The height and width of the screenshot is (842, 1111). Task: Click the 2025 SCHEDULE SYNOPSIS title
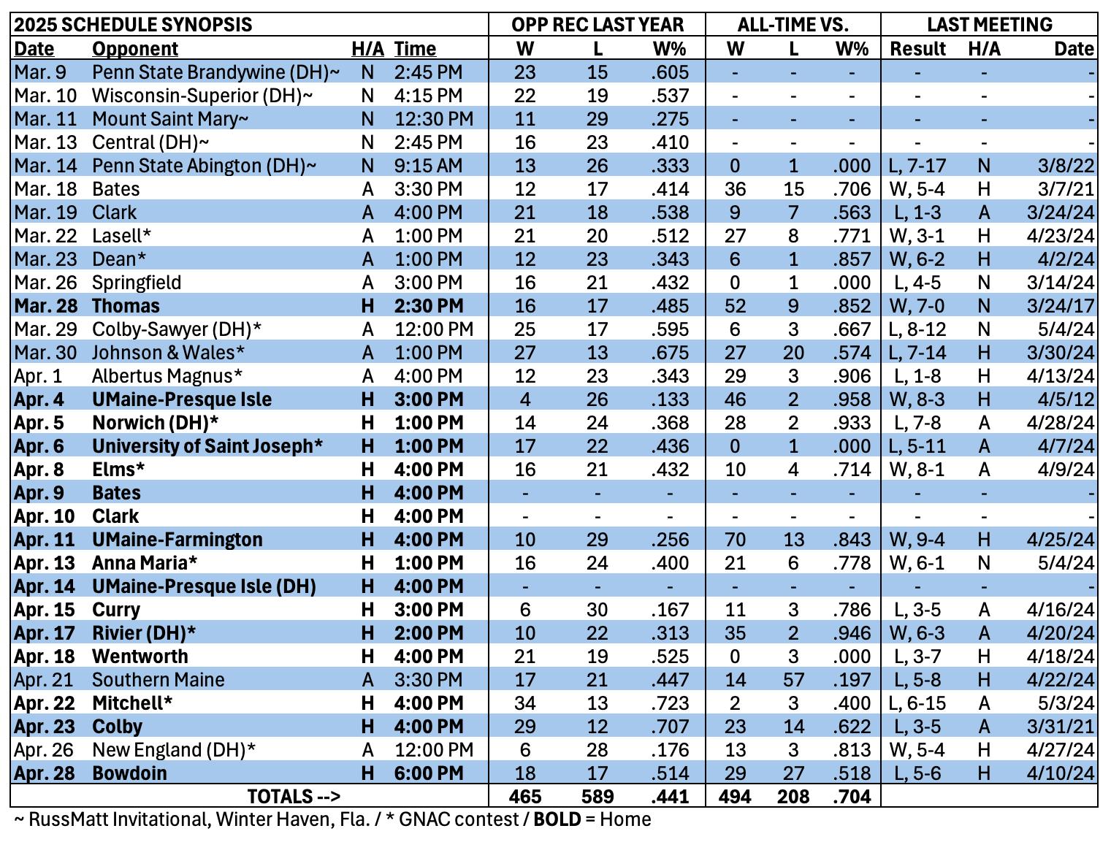[133, 25]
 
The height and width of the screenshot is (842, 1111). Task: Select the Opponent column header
[135, 49]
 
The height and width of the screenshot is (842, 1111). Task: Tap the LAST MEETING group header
[989, 25]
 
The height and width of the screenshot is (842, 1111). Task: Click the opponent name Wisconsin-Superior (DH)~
[202, 96]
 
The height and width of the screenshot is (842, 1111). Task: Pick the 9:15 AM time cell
[428, 166]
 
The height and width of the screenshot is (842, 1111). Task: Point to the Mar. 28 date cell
[45, 306]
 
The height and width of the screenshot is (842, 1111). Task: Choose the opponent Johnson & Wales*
[168, 353]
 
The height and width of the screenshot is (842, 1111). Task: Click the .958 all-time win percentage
[851, 399]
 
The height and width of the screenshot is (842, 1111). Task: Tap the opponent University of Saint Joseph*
[207, 446]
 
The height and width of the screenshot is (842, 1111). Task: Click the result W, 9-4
[917, 540]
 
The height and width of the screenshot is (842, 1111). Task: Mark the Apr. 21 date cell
[44, 680]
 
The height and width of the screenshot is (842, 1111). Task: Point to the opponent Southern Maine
[158, 680]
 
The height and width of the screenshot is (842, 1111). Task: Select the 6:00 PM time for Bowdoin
[428, 773]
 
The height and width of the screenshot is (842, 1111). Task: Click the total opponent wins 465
[524, 796]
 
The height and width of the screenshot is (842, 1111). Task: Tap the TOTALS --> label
[294, 796]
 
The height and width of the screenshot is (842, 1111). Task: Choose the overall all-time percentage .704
[851, 796]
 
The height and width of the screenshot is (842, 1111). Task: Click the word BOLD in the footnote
[557, 819]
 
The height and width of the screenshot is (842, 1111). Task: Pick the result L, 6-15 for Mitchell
[917, 703]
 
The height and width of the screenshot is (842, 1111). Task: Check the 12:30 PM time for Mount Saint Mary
[434, 119]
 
